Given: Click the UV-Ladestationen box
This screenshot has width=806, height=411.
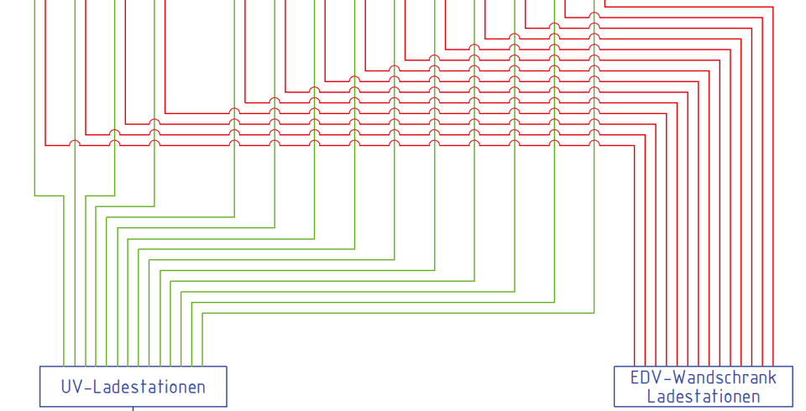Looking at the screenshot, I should [x=133, y=387].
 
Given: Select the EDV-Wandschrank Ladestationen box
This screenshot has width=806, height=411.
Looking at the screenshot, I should [x=703, y=387].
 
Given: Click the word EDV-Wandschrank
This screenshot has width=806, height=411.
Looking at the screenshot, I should [x=703, y=377].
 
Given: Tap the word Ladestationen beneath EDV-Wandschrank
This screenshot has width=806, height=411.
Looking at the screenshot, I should [x=703, y=397].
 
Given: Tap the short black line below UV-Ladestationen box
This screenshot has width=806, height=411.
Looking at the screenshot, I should [x=133, y=409].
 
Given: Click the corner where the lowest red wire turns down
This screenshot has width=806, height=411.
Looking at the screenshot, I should [x=634, y=145].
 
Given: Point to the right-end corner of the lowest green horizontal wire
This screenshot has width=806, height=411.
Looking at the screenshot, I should [x=594, y=313].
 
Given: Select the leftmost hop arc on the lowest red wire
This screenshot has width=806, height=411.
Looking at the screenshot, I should [x=75, y=143].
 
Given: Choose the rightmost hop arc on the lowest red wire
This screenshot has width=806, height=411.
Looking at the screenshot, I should [x=594, y=143].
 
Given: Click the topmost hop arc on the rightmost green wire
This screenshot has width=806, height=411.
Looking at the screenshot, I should [x=594, y=14].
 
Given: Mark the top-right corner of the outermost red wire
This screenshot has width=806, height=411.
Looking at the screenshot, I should [x=772, y=7].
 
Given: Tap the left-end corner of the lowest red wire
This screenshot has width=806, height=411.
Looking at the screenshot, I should [x=45, y=145].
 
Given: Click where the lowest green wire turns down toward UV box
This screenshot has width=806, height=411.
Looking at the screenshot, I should [x=202, y=313].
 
